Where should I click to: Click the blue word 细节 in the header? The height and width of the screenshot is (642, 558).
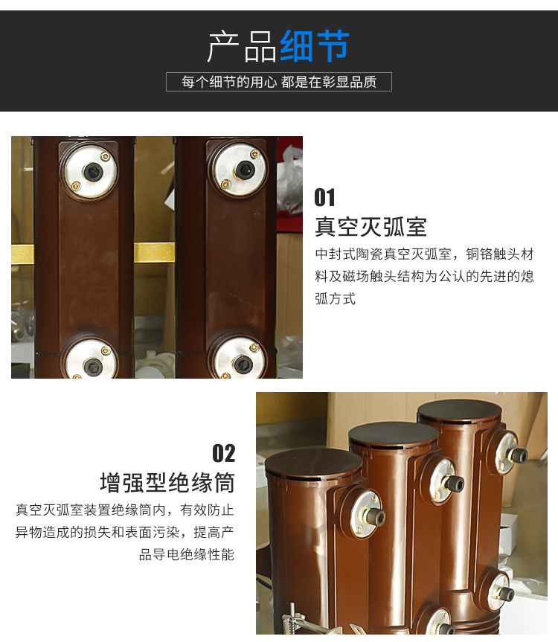tap(315, 46)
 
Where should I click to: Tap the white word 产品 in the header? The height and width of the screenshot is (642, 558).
tap(242, 47)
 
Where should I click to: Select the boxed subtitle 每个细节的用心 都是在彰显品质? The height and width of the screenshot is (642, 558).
tap(279, 82)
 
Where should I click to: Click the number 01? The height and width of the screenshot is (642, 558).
tap(324, 198)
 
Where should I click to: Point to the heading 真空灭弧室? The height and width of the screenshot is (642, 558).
tap(371, 227)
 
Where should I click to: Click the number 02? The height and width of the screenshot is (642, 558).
tap(223, 454)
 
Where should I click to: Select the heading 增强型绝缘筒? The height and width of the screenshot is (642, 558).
tap(167, 482)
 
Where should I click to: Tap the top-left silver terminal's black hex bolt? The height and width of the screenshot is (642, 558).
tap(93, 172)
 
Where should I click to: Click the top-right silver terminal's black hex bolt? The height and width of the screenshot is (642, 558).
tap(244, 170)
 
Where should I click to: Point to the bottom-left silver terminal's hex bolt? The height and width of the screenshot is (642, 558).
tap(92, 366)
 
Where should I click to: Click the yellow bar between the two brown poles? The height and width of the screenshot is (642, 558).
tap(154, 253)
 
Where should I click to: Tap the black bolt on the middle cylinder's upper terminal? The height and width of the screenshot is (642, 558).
tap(455, 484)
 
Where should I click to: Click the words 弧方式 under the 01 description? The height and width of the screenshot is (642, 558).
tap(336, 298)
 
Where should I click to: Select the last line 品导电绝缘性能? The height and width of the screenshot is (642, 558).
tap(187, 554)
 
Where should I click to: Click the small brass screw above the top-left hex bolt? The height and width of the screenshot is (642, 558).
tap(105, 157)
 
